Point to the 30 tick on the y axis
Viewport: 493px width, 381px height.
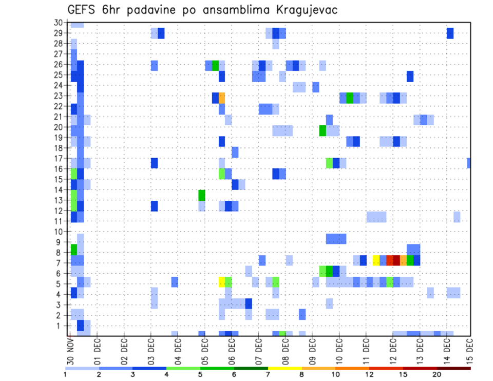(58, 23)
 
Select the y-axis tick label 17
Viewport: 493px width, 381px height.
(58, 159)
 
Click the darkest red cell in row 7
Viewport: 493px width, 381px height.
(396, 260)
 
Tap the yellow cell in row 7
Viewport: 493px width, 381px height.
(376, 260)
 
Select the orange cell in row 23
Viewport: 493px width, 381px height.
(222, 97)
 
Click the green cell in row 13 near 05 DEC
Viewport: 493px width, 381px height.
(202, 195)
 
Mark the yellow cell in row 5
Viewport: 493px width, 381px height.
(222, 281)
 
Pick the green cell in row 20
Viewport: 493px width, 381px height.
(323, 130)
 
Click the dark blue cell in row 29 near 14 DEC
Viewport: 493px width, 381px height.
(450, 33)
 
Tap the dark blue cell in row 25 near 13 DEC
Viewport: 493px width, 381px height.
(410, 76)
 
